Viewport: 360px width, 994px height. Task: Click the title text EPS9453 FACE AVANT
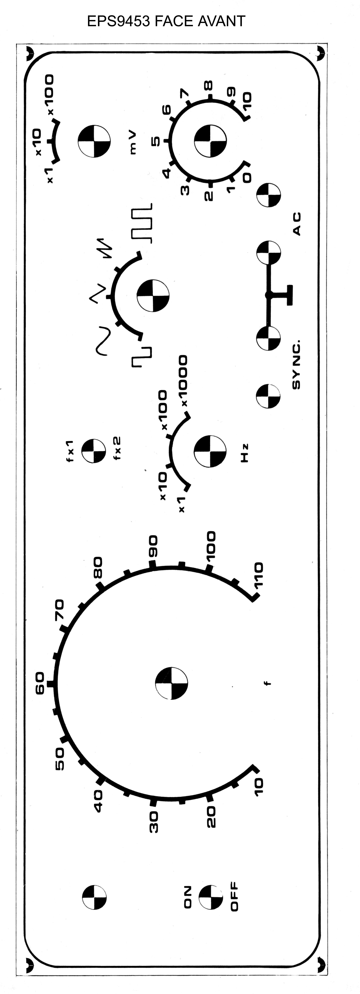pos(166,21)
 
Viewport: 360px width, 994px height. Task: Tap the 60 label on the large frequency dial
pos(40,683)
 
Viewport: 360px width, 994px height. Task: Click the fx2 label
pos(117,448)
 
